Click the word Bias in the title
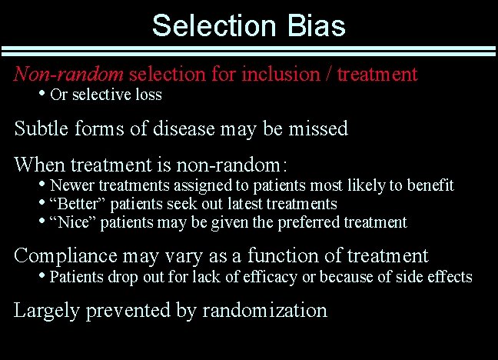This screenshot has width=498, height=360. point(314,25)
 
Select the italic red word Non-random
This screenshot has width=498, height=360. point(69,75)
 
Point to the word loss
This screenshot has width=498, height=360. point(147,95)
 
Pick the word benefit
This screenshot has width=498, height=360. point(431,185)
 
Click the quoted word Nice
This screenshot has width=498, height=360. point(69,222)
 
